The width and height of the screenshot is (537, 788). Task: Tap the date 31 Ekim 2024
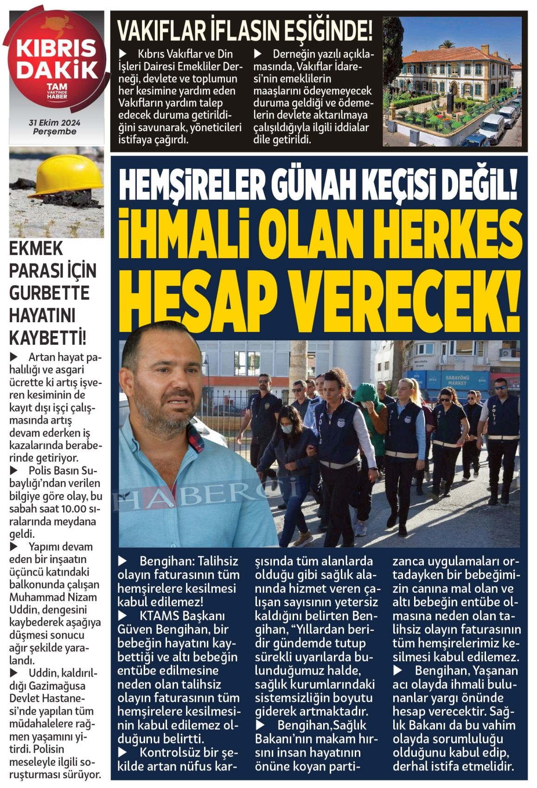pos(54,123)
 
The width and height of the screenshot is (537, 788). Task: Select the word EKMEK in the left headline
pos(36,249)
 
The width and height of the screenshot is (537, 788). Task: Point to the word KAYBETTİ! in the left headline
pos(48,337)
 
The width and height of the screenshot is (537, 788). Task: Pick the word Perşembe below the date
pos(54,132)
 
